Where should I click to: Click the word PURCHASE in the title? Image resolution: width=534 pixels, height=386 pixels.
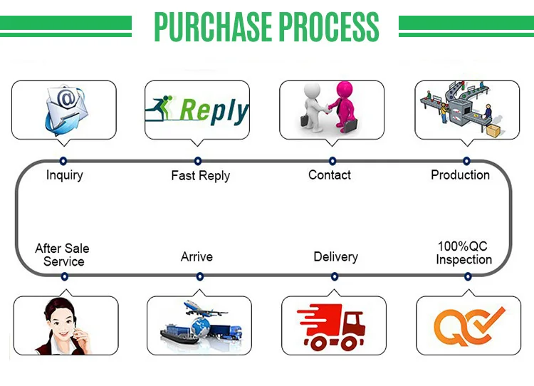point(213,26)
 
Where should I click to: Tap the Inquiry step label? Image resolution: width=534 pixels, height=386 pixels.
point(64,175)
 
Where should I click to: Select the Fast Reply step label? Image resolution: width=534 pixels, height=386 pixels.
point(201,176)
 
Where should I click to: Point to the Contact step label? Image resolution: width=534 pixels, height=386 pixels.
point(330,174)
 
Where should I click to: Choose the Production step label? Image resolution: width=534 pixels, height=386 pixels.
point(460,174)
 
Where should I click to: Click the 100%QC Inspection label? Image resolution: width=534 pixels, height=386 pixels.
point(464,253)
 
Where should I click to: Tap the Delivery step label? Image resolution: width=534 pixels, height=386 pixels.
point(335,257)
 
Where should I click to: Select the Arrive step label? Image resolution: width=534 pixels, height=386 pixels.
point(197,256)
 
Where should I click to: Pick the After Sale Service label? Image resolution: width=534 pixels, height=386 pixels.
point(63,255)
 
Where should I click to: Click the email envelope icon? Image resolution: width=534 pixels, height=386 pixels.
point(66,110)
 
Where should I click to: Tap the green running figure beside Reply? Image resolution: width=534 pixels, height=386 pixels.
point(159,108)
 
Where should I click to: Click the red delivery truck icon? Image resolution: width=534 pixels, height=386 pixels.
point(331,327)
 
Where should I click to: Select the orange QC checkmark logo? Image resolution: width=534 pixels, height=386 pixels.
point(469,326)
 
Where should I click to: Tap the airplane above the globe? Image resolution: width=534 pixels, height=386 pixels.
point(204,308)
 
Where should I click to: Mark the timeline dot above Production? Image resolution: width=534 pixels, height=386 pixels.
point(466,161)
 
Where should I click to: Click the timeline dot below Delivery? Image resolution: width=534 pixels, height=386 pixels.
point(335,276)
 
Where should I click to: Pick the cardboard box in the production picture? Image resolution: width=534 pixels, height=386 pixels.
point(493,131)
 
